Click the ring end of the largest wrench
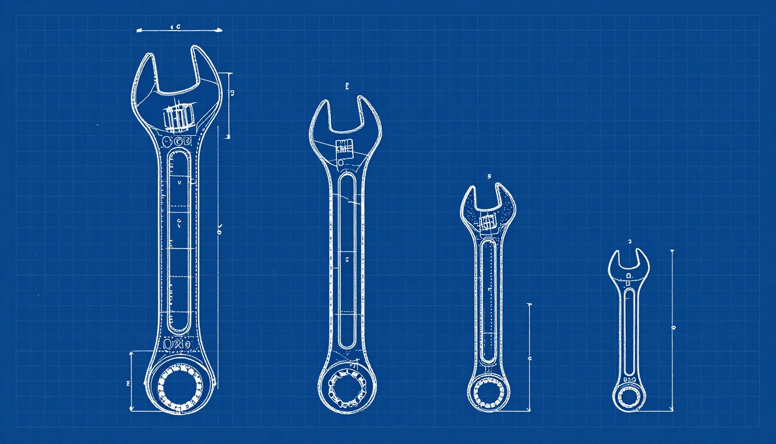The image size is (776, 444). tap(180, 383)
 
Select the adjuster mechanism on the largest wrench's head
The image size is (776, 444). tap(178, 117)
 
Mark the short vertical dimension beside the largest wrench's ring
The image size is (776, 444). tap(132, 382)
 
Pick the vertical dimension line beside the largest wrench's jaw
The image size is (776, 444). tap(230, 105)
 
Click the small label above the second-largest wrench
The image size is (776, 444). tap(347, 87)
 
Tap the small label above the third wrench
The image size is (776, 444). tap(488, 176)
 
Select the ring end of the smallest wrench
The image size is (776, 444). tap(629, 397)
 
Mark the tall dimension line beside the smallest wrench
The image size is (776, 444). tap(672, 330)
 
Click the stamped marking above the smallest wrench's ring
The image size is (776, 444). tap(629, 379)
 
